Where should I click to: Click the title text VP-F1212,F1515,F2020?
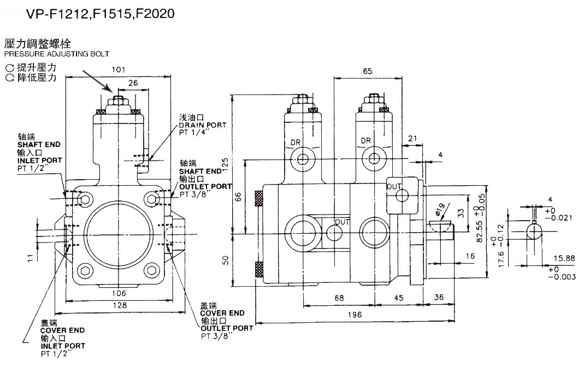[100, 14]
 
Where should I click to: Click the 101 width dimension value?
[119, 69]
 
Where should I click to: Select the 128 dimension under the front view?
[120, 306]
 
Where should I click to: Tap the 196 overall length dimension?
[355, 315]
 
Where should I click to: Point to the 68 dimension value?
[339, 298]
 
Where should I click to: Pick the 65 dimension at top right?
[367, 71]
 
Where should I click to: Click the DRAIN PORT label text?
[203, 126]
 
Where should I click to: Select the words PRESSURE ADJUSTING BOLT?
[57, 54]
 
